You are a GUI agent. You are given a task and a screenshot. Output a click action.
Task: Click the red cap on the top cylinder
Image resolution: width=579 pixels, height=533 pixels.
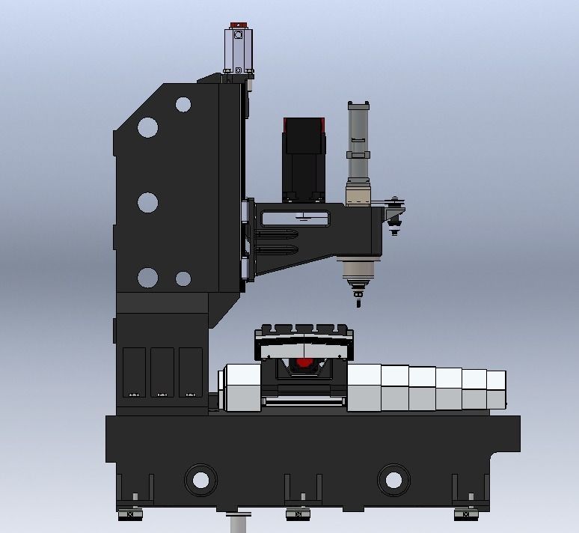point(239,25)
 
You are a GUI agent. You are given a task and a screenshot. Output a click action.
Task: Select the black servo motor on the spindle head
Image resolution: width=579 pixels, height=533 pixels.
point(303,159)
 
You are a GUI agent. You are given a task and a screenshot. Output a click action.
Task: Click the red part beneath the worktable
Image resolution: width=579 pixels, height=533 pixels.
point(304,362)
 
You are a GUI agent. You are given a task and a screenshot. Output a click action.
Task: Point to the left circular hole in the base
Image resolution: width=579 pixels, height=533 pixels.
point(200,477)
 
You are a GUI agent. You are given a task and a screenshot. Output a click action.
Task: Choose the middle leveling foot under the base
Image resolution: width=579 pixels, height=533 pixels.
point(297,514)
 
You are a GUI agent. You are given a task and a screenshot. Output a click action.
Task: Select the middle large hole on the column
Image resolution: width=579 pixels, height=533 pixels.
point(148,202)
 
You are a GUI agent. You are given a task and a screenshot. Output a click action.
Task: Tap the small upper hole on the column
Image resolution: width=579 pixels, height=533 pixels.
point(183,105)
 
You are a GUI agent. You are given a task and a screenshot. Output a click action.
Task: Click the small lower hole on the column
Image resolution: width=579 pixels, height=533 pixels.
point(183,279)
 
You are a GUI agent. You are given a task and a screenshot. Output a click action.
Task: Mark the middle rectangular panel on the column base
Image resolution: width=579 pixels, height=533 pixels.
point(162,371)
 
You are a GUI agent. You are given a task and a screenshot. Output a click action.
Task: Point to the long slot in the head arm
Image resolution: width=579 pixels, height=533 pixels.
point(295,219)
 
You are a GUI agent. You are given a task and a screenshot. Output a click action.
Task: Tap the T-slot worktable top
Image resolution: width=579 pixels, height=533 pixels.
point(304,330)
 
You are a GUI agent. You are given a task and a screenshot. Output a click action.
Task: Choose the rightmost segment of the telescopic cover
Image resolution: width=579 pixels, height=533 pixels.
point(496,390)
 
